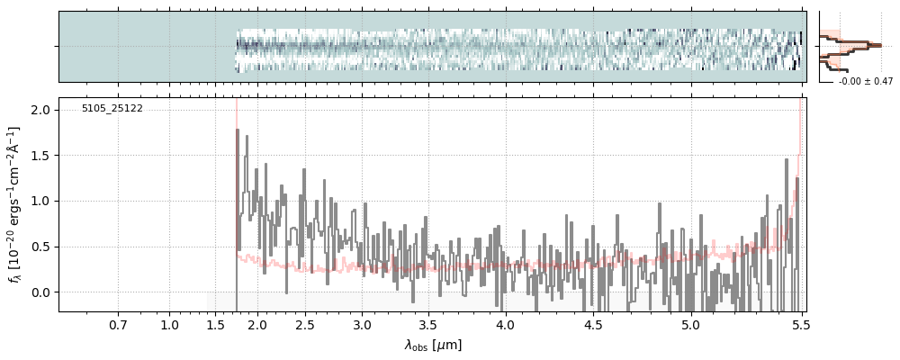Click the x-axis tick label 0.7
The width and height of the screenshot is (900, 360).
[x=118, y=325]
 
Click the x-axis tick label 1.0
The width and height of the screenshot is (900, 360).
[x=169, y=325]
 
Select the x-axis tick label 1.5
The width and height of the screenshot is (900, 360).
[x=216, y=325]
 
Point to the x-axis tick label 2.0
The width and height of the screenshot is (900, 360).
[x=256, y=325]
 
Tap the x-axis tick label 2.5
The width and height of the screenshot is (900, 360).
[x=305, y=325]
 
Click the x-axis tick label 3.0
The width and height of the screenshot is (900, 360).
[x=362, y=325]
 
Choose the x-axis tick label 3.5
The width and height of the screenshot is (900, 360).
[x=428, y=325]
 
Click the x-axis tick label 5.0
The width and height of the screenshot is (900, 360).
[x=690, y=325]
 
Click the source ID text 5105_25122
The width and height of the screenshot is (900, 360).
[x=112, y=109]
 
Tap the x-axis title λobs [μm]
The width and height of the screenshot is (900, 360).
[x=433, y=345]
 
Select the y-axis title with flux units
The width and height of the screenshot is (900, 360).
[x=14, y=204]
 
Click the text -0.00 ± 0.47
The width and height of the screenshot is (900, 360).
[x=866, y=82]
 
